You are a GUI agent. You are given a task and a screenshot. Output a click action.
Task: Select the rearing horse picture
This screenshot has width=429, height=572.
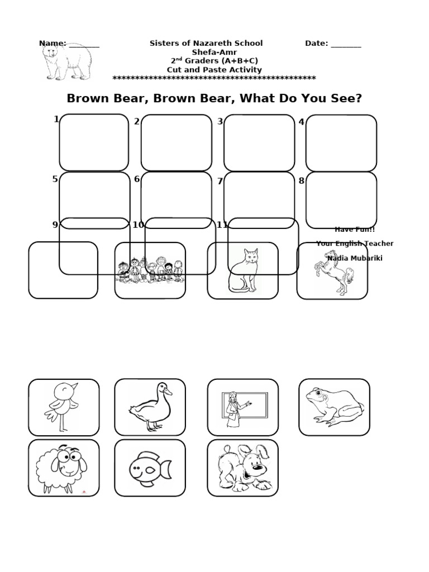pyautogui.click(x=333, y=271)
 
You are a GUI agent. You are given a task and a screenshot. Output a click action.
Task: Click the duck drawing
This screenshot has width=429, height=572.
pyautogui.click(x=150, y=407)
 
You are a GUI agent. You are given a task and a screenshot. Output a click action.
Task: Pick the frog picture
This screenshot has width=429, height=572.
pyautogui.click(x=333, y=407)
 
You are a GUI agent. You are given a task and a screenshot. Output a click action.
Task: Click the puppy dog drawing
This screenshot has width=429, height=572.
pyautogui.click(x=242, y=468)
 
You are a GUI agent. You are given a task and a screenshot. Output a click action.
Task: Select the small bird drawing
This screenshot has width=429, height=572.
pyautogui.click(x=62, y=407)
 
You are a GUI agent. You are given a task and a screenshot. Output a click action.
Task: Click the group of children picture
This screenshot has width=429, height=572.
pyautogui.click(x=150, y=270)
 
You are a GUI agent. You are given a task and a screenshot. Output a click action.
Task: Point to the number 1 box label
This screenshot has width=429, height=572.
pyautogui.click(x=56, y=119)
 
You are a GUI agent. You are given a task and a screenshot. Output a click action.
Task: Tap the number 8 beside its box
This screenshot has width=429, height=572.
pyautogui.click(x=302, y=180)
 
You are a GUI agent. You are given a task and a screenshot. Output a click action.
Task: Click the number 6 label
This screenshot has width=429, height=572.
pyautogui.click(x=137, y=179)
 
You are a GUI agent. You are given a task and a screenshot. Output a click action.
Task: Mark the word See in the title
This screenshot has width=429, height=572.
pyautogui.click(x=347, y=99)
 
